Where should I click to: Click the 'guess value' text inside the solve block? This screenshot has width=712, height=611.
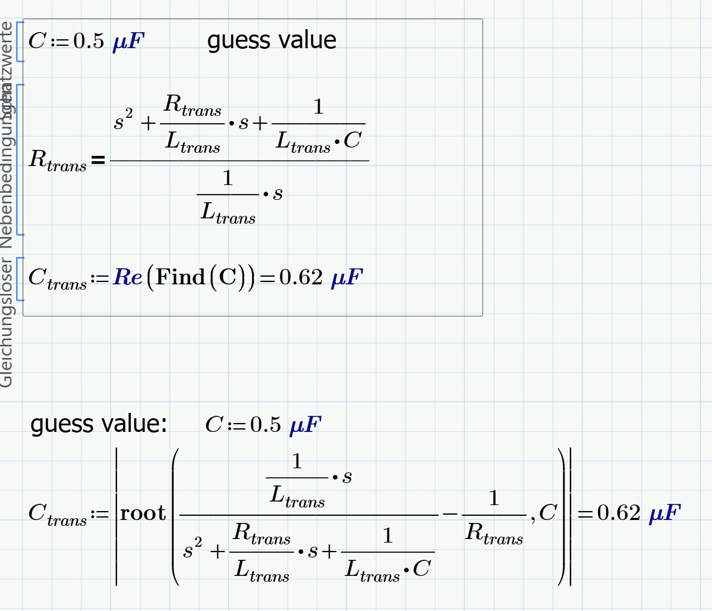click(x=272, y=40)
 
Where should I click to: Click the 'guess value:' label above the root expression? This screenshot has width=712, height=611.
click(x=99, y=424)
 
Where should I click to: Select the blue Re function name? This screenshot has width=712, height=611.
click(x=128, y=277)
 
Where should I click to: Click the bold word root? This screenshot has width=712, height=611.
click(x=143, y=513)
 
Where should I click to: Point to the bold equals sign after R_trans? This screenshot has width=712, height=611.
click(x=99, y=160)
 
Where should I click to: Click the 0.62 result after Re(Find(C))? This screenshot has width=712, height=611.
click(x=301, y=277)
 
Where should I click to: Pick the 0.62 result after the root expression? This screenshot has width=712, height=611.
click(x=619, y=513)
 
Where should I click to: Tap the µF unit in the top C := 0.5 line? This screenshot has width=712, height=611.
click(x=128, y=42)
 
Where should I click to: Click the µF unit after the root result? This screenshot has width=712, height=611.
click(x=664, y=513)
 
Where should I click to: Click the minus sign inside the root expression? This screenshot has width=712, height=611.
click(x=449, y=513)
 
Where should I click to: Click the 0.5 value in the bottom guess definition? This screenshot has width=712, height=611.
click(x=265, y=425)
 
